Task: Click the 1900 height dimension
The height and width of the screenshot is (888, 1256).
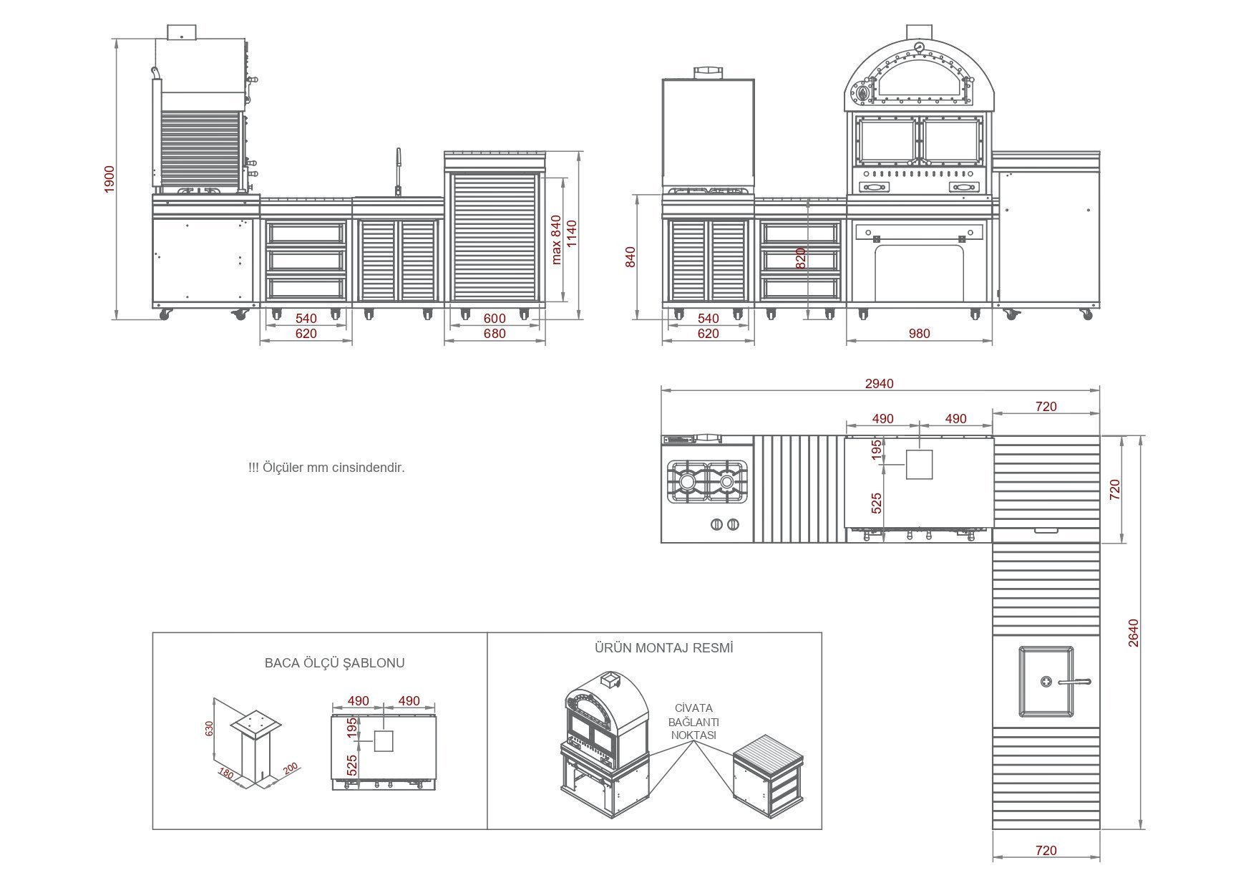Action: click(x=109, y=178)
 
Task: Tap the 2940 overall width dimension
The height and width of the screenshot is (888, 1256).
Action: click(x=879, y=384)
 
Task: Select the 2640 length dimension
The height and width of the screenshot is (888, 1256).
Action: click(x=1133, y=633)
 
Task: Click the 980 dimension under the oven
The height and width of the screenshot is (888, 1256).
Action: click(x=919, y=334)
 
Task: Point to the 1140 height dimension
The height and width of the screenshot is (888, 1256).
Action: click(x=571, y=234)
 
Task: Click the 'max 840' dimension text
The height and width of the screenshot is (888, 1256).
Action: click(x=556, y=240)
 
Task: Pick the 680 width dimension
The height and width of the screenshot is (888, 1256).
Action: click(x=495, y=334)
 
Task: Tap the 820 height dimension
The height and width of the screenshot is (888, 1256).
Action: click(x=801, y=258)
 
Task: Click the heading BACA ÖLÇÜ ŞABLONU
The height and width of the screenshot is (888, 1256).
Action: click(x=334, y=663)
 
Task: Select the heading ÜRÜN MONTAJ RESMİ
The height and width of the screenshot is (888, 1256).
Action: click(x=663, y=648)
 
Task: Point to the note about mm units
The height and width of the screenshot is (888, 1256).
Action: click(x=326, y=468)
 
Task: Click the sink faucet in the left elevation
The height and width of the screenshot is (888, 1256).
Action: click(x=399, y=170)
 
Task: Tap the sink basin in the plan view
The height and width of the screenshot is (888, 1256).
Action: click(x=1046, y=681)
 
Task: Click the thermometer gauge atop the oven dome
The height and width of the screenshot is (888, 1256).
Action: click(x=919, y=49)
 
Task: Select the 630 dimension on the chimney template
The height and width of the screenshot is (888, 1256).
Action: click(x=210, y=728)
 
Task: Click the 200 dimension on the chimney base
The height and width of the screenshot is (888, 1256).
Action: click(x=290, y=769)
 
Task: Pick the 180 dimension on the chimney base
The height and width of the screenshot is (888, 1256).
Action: click(x=226, y=774)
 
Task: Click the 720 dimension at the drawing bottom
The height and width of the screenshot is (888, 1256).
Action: click(x=1046, y=851)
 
